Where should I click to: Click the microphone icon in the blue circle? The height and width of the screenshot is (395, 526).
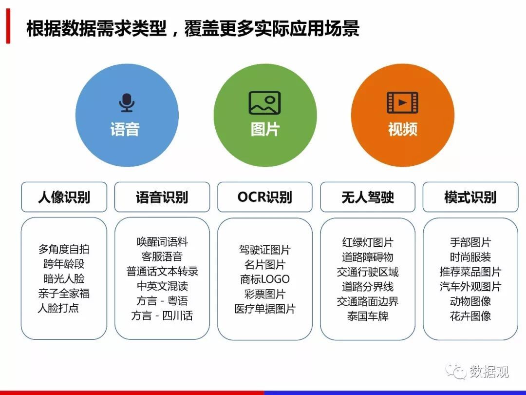pyautogui.click(x=127, y=102)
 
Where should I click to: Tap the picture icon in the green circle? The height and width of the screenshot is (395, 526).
pyautogui.click(x=264, y=103)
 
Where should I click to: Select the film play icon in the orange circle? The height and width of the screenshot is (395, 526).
pyautogui.click(x=403, y=102)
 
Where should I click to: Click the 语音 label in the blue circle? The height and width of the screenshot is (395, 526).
pyautogui.click(x=125, y=129)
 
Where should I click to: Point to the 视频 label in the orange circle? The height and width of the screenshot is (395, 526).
pyautogui.click(x=403, y=129)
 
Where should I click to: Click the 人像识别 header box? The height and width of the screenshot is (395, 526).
pyautogui.click(x=64, y=197)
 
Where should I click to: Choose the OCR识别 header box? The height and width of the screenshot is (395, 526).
pyautogui.click(x=264, y=197)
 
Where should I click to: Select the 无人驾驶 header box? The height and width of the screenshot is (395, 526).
pyautogui.click(x=368, y=197)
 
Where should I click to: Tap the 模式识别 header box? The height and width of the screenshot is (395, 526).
pyautogui.click(x=470, y=197)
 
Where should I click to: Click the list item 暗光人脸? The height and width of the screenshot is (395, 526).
pyautogui.click(x=64, y=279)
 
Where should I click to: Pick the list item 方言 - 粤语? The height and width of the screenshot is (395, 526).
pyautogui.click(x=162, y=300)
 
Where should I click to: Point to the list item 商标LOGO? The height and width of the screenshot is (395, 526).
pyautogui.click(x=264, y=279)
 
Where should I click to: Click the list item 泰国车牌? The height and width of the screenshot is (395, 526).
pyautogui.click(x=368, y=316)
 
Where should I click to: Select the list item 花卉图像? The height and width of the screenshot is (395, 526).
pyautogui.click(x=470, y=316)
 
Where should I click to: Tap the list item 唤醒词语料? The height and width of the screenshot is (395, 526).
pyautogui.click(x=162, y=242)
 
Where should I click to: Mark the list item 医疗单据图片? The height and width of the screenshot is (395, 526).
pyautogui.click(x=264, y=309)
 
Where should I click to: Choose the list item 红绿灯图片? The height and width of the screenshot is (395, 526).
pyautogui.click(x=368, y=242)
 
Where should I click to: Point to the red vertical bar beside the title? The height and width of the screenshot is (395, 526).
pyautogui.click(x=8, y=26)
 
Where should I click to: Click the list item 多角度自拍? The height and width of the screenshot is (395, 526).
pyautogui.click(x=64, y=249)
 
